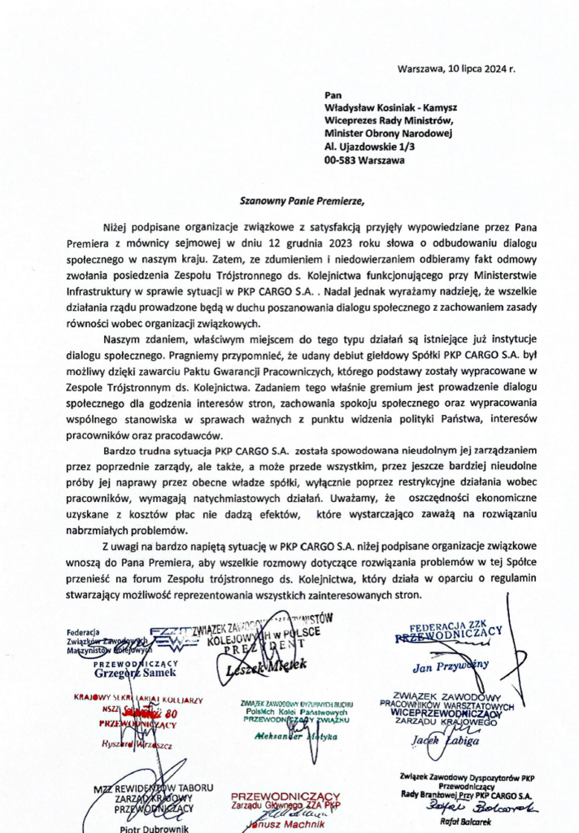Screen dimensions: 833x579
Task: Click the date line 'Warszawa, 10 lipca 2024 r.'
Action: [456, 68]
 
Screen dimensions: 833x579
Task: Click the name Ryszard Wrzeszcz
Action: [131, 744]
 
